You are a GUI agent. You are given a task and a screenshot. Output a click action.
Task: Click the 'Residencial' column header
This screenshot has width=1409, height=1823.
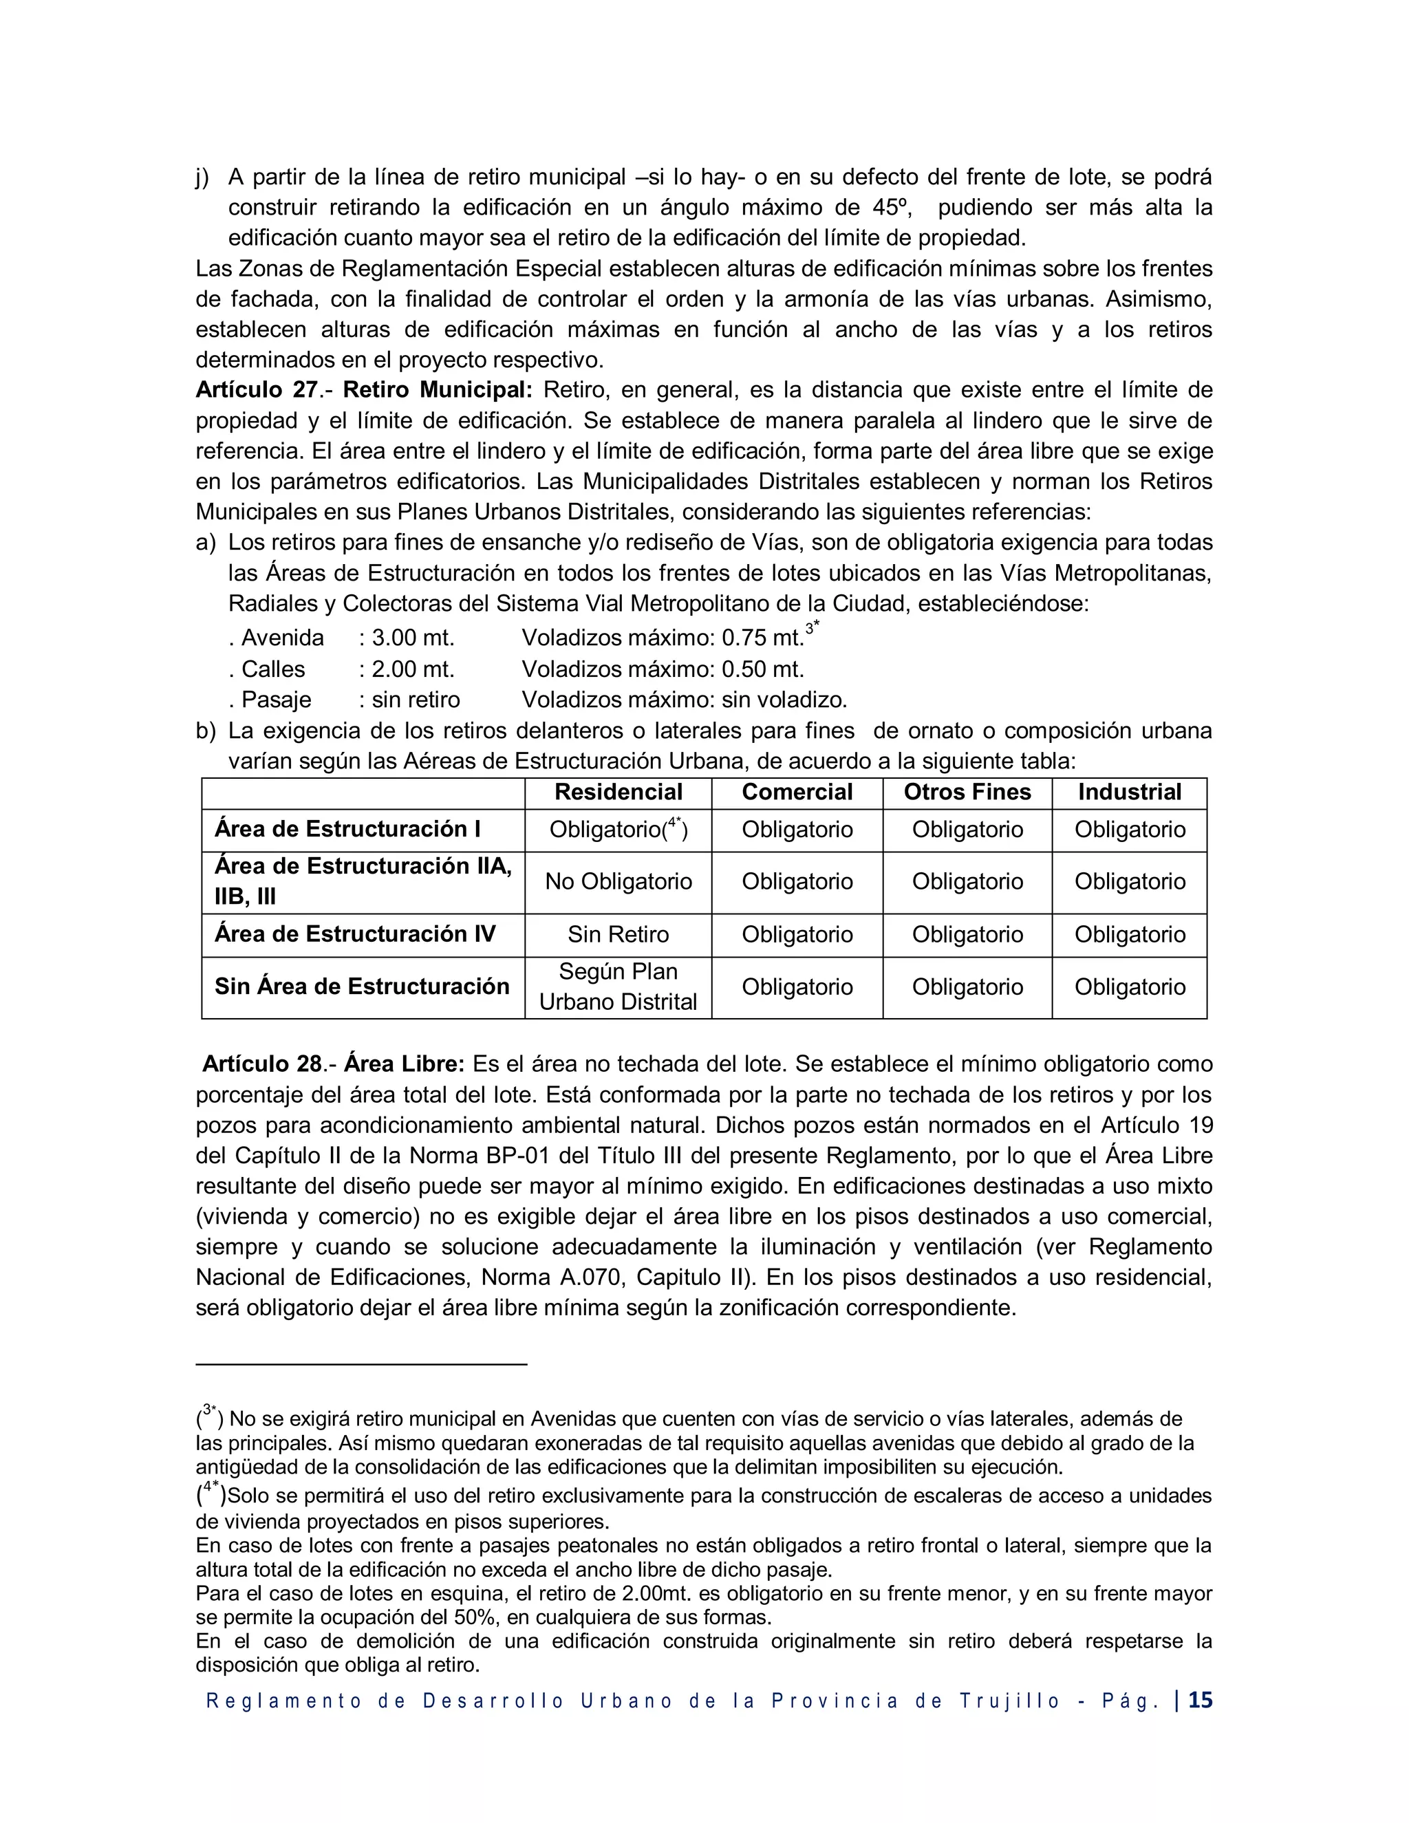(618, 792)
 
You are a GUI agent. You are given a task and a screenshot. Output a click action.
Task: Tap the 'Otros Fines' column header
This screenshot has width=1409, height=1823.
(967, 792)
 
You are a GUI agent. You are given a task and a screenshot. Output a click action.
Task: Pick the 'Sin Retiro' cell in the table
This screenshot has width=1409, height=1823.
(618, 934)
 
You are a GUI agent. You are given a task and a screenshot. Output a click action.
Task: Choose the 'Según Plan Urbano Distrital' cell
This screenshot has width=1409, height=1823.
(618, 986)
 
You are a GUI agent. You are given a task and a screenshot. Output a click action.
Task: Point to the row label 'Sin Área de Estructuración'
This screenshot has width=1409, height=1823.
(361, 986)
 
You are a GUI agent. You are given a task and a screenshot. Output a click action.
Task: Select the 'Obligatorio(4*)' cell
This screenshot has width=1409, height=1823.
(618, 829)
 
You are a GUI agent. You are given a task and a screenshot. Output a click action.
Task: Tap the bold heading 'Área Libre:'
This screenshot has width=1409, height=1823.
(404, 1064)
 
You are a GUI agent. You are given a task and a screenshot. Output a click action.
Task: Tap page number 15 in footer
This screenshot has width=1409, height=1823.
(1201, 1701)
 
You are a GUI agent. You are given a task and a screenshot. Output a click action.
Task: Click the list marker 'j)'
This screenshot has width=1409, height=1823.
(202, 177)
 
